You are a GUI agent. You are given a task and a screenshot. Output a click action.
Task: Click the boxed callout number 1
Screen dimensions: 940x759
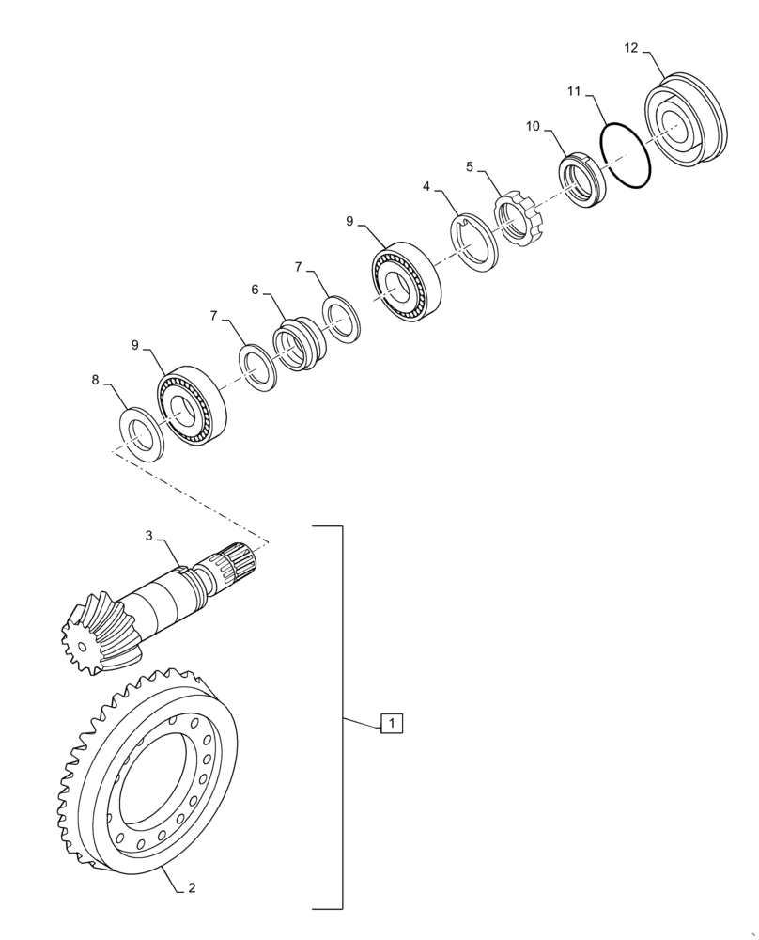(x=392, y=722)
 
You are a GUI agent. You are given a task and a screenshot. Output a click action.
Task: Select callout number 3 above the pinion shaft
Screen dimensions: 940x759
(x=148, y=536)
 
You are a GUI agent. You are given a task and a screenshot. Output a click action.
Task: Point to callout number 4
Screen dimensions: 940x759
(x=426, y=187)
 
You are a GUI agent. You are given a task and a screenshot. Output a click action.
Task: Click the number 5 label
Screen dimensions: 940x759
(x=470, y=166)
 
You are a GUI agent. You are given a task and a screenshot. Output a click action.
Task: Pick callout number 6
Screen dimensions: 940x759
(x=255, y=291)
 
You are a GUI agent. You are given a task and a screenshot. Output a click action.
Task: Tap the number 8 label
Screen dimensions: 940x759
(x=95, y=381)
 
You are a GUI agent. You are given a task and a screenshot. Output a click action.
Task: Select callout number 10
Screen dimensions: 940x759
(x=533, y=126)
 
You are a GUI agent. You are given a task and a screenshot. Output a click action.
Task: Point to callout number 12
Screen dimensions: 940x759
(x=628, y=46)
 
